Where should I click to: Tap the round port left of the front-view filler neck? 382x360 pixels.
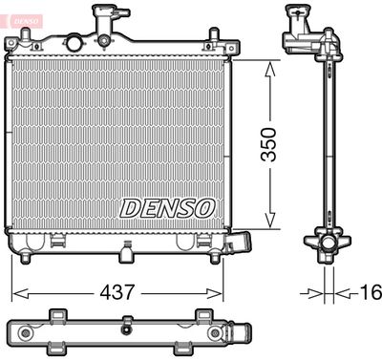point(72,43)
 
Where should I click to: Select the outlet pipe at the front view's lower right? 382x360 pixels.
point(240,243)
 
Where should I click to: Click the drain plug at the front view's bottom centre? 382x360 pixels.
point(126,254)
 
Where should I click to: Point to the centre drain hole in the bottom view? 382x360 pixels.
point(126,330)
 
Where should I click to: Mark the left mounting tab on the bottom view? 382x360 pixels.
point(57,314)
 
